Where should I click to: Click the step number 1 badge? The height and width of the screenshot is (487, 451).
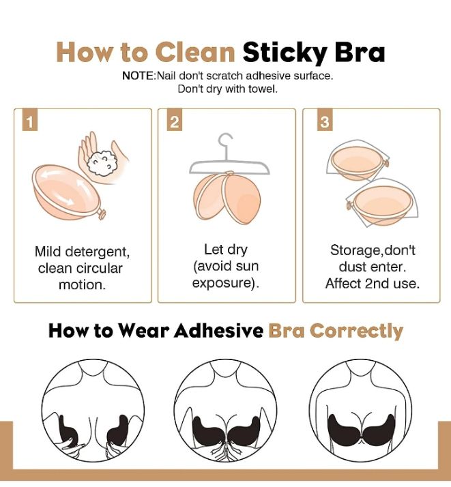[30, 119]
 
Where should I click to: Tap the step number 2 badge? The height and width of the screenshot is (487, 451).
[174, 119]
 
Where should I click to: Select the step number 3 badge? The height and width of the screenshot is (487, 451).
[325, 119]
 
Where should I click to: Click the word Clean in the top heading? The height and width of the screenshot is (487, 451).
[195, 53]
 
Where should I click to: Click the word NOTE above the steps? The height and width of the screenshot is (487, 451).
[138, 76]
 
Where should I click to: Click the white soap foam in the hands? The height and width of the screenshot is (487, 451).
[102, 163]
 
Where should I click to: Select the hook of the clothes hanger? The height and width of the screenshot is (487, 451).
[225, 143]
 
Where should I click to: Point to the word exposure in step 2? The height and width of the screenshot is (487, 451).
[222, 283]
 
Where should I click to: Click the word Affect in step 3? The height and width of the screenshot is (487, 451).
[343, 284]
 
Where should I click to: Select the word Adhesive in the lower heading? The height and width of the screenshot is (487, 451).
[218, 330]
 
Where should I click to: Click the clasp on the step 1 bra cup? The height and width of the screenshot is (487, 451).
[101, 213]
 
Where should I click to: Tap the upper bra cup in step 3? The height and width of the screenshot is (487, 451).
[358, 162]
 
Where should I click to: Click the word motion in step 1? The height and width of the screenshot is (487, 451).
[82, 285]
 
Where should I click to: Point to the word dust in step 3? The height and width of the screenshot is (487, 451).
[351, 267]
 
